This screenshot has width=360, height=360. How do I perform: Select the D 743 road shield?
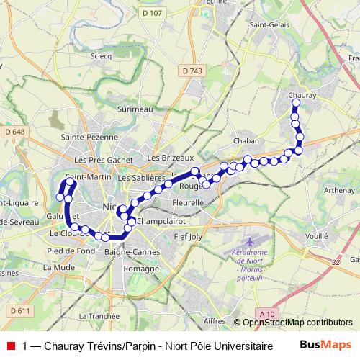192,70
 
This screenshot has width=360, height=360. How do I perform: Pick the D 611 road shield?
21,310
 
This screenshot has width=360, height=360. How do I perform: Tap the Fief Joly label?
190,235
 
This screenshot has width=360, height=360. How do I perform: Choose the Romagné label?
141,268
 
